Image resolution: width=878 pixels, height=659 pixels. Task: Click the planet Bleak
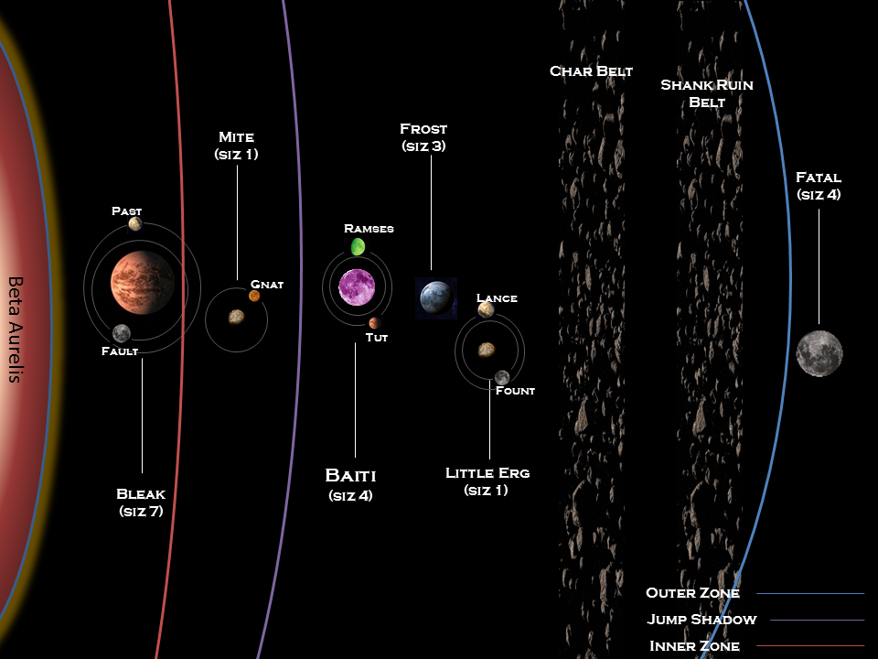[142, 281]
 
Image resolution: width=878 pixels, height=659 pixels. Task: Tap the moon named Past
[134, 223]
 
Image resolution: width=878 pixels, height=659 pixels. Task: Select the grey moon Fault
[121, 333]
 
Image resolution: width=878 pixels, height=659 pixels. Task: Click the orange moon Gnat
[254, 296]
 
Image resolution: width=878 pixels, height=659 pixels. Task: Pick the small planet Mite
[236, 317]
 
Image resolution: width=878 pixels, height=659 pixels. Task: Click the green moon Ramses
[358, 246]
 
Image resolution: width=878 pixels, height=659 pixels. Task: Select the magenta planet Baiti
[356, 287]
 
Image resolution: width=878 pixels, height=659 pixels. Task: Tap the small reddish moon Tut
[374, 322]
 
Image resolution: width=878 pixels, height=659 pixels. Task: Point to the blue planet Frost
[436, 297]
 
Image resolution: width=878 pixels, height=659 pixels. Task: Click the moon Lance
[486, 309]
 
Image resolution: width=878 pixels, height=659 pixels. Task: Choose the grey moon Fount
[502, 377]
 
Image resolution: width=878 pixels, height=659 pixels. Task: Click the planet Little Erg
[487, 349]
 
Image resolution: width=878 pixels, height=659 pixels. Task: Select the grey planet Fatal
[819, 353]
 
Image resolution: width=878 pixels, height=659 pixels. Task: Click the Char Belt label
[591, 71]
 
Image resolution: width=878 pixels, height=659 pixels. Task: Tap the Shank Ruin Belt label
[707, 93]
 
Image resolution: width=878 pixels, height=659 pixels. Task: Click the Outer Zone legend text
[692, 593]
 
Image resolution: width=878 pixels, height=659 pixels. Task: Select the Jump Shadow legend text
[701, 620]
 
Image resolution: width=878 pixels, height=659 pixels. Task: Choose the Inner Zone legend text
[694, 646]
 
